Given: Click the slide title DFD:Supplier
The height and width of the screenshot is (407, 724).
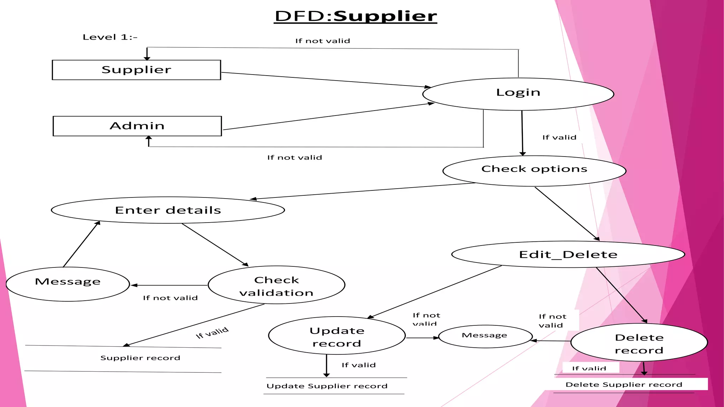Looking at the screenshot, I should pos(356,16).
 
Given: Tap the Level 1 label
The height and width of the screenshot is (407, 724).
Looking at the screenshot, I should pos(110,37).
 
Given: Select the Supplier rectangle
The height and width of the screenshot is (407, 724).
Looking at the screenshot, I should pos(136,70).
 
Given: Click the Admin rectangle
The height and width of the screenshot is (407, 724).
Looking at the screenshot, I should pos(137,126).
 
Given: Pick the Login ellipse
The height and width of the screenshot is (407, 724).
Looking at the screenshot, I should pos(518,94).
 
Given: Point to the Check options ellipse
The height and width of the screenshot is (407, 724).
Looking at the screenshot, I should pos(534,170).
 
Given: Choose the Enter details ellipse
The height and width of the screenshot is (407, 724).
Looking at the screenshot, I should pos(168,210).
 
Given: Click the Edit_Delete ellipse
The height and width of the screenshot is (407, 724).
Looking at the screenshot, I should pos(568,254).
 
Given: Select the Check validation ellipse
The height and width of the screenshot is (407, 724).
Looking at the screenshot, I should pos(276,285).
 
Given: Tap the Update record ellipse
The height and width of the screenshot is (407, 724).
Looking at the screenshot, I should pos(337,336).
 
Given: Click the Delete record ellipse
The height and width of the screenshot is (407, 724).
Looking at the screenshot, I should pos(639,343).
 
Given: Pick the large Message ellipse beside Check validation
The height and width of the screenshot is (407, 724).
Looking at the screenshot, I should pos(68,284).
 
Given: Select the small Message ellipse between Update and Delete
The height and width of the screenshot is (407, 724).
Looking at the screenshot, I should pos(485,336).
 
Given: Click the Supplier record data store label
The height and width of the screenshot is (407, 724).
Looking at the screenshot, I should pos(140,358).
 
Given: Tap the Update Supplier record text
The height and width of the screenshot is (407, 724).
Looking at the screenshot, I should pos(327,386).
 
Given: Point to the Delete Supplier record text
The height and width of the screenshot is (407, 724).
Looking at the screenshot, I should pos(624,384).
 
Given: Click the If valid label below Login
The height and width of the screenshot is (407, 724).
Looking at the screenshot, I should pos(559,137).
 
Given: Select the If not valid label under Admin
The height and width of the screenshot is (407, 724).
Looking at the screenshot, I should pos(294,158).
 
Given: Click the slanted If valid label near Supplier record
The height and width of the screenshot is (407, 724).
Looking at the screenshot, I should pos(212,333).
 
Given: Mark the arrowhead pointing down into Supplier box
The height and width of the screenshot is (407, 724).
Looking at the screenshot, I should pos(147,58).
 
